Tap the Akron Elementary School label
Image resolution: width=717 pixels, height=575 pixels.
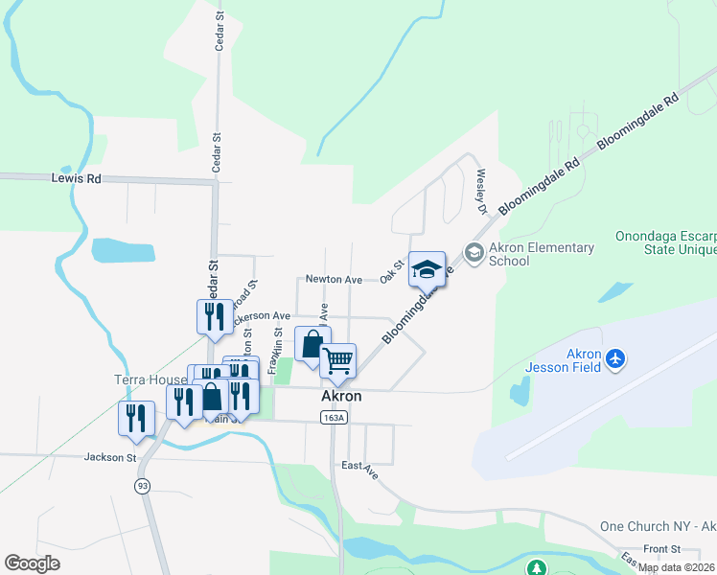click(542, 254)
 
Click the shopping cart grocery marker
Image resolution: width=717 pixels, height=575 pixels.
click(337, 361)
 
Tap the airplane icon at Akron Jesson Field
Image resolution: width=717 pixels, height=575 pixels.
click(614, 359)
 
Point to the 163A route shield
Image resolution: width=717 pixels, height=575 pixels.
click(333, 417)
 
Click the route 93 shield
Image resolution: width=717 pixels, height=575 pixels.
click(142, 486)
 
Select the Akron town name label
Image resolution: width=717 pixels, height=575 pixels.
click(340, 396)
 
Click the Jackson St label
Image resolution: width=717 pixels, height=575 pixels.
click(110, 457)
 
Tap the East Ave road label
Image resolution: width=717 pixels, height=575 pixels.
click(360, 465)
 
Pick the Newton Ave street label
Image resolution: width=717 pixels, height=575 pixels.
click(334, 279)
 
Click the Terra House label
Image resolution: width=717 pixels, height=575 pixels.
click(150, 379)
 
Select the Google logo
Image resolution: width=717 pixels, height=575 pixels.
click(33, 563)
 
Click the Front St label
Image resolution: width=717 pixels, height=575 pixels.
click(661, 548)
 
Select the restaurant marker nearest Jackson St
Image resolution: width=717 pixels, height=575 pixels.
click(134, 419)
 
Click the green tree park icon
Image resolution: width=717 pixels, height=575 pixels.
click(537, 566)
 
